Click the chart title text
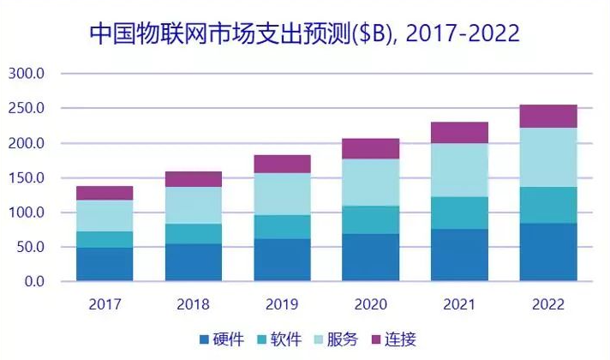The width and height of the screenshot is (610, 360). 305,34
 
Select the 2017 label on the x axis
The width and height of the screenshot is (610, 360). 105,304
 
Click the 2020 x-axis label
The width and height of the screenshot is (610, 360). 371,304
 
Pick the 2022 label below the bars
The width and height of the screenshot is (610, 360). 548,304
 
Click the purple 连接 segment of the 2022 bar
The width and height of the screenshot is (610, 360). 548,117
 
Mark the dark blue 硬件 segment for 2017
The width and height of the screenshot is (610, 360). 105,265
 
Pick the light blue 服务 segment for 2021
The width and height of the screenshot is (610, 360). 460,170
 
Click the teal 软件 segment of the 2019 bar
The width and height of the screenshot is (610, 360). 282,227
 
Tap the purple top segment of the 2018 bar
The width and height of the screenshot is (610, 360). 194,179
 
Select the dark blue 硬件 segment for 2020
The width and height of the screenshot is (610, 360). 371,257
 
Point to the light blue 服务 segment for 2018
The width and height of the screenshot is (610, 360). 194,206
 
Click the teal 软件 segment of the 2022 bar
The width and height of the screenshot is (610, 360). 548,205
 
